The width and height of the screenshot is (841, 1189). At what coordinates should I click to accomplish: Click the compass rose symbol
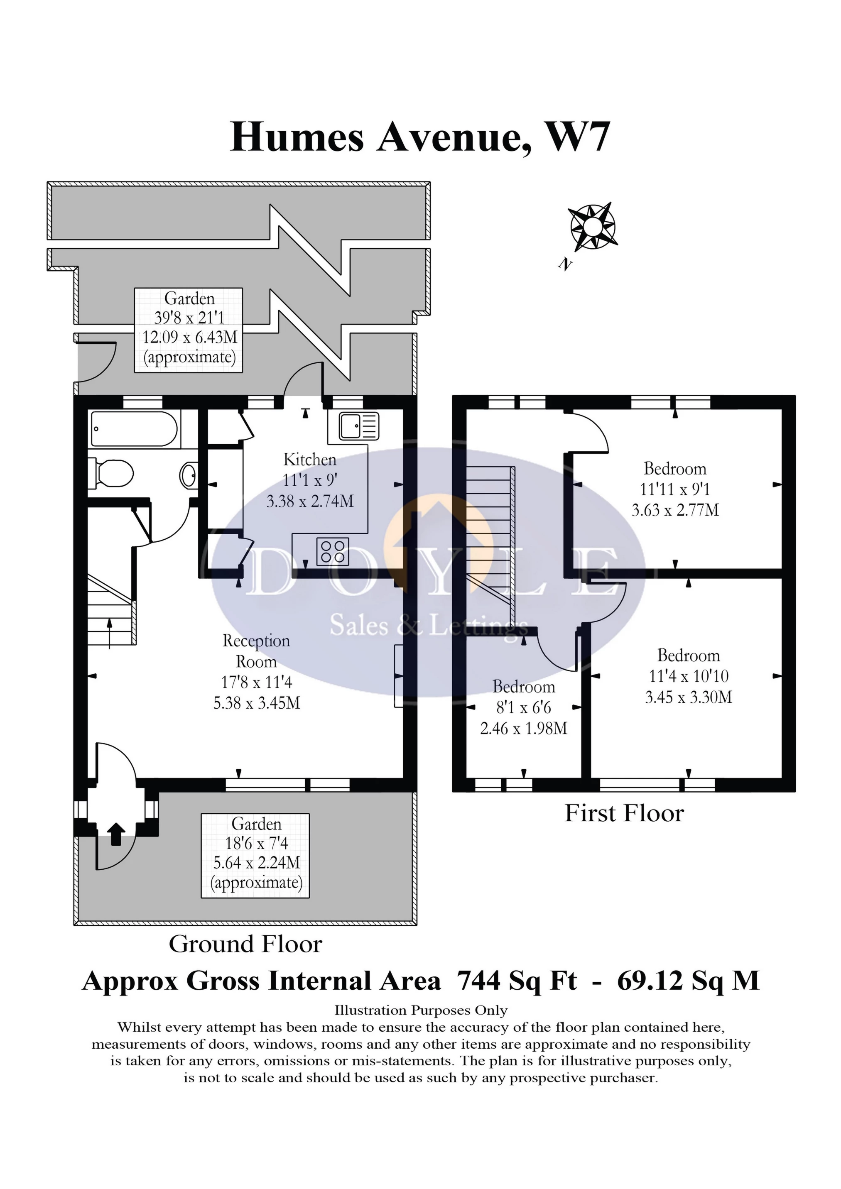tap(593, 226)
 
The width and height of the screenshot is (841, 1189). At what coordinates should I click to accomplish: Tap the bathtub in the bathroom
tap(134, 429)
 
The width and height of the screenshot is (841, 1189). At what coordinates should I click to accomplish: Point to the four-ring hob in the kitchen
tap(333, 551)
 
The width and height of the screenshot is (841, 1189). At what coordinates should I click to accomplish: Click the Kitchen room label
tap(310, 459)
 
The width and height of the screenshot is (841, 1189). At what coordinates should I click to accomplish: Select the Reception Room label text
tap(256, 651)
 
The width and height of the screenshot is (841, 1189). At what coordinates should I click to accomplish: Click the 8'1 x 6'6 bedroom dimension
tap(523, 707)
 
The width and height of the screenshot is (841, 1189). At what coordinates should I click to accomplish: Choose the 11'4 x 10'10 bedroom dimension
tap(689, 676)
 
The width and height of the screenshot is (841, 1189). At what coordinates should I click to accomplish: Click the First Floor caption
tap(624, 813)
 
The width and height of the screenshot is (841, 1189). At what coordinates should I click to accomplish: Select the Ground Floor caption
tap(245, 944)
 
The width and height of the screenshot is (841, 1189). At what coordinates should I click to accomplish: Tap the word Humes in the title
tap(297, 137)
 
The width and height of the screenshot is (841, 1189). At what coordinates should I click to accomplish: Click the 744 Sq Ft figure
tap(517, 980)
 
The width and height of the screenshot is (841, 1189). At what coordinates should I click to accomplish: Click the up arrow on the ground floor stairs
tap(109, 632)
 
